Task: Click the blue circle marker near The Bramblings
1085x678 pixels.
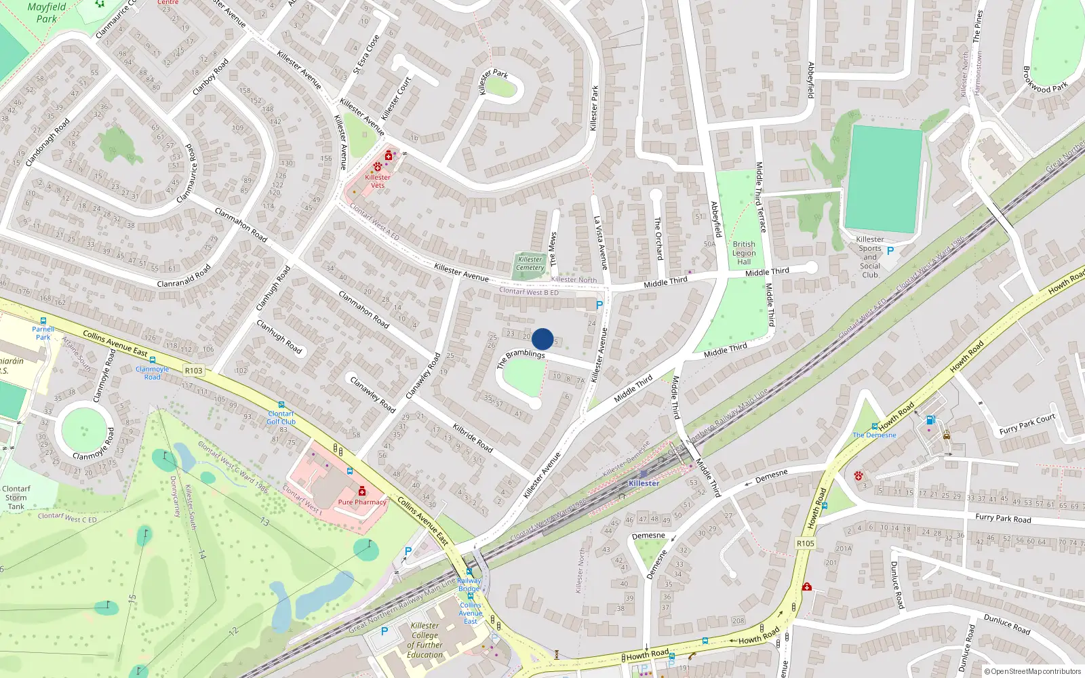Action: click(542, 339)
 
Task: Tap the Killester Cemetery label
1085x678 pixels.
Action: click(530, 264)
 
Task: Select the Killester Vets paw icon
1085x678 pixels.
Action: click(377, 167)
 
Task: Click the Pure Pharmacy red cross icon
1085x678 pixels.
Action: click(362, 491)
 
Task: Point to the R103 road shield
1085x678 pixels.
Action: click(193, 370)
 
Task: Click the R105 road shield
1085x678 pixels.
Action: click(805, 543)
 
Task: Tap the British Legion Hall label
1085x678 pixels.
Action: click(744, 253)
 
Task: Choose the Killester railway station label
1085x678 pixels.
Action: click(644, 483)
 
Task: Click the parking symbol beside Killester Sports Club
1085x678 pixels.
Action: click(890, 251)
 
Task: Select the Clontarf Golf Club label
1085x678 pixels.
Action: click(281, 418)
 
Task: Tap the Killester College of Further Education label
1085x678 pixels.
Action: click(425, 640)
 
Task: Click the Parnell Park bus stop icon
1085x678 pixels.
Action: click(43, 321)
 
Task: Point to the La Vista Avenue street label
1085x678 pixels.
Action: click(601, 243)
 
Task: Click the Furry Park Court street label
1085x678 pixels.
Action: click(1027, 424)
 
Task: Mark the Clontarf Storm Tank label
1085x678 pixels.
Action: click(16, 497)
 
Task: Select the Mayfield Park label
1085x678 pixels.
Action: click(46, 13)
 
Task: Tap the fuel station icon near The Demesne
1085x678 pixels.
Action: click(930, 420)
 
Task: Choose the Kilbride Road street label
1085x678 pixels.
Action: click(473, 438)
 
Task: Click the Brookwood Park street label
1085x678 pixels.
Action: click(1045, 81)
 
